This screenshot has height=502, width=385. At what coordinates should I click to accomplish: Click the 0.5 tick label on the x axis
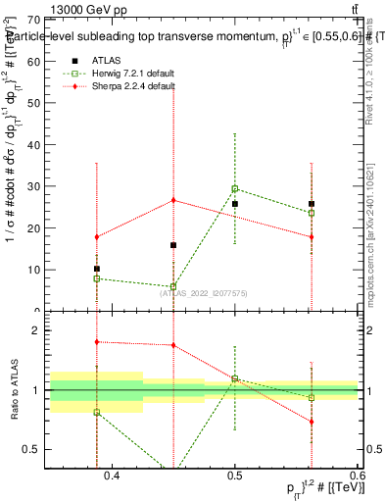click(x=235, y=477)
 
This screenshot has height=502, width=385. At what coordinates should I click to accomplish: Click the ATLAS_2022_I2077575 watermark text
click(x=204, y=291)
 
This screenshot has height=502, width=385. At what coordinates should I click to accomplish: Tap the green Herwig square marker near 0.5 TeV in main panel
click(x=235, y=188)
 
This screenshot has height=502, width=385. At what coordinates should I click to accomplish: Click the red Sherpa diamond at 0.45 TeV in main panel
click(x=173, y=200)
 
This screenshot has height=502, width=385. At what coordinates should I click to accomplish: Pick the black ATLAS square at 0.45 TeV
click(x=173, y=245)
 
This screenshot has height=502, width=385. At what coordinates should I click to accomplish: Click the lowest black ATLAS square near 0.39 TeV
click(x=97, y=269)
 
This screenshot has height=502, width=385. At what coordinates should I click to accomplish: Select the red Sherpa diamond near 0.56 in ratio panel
click(x=312, y=422)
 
